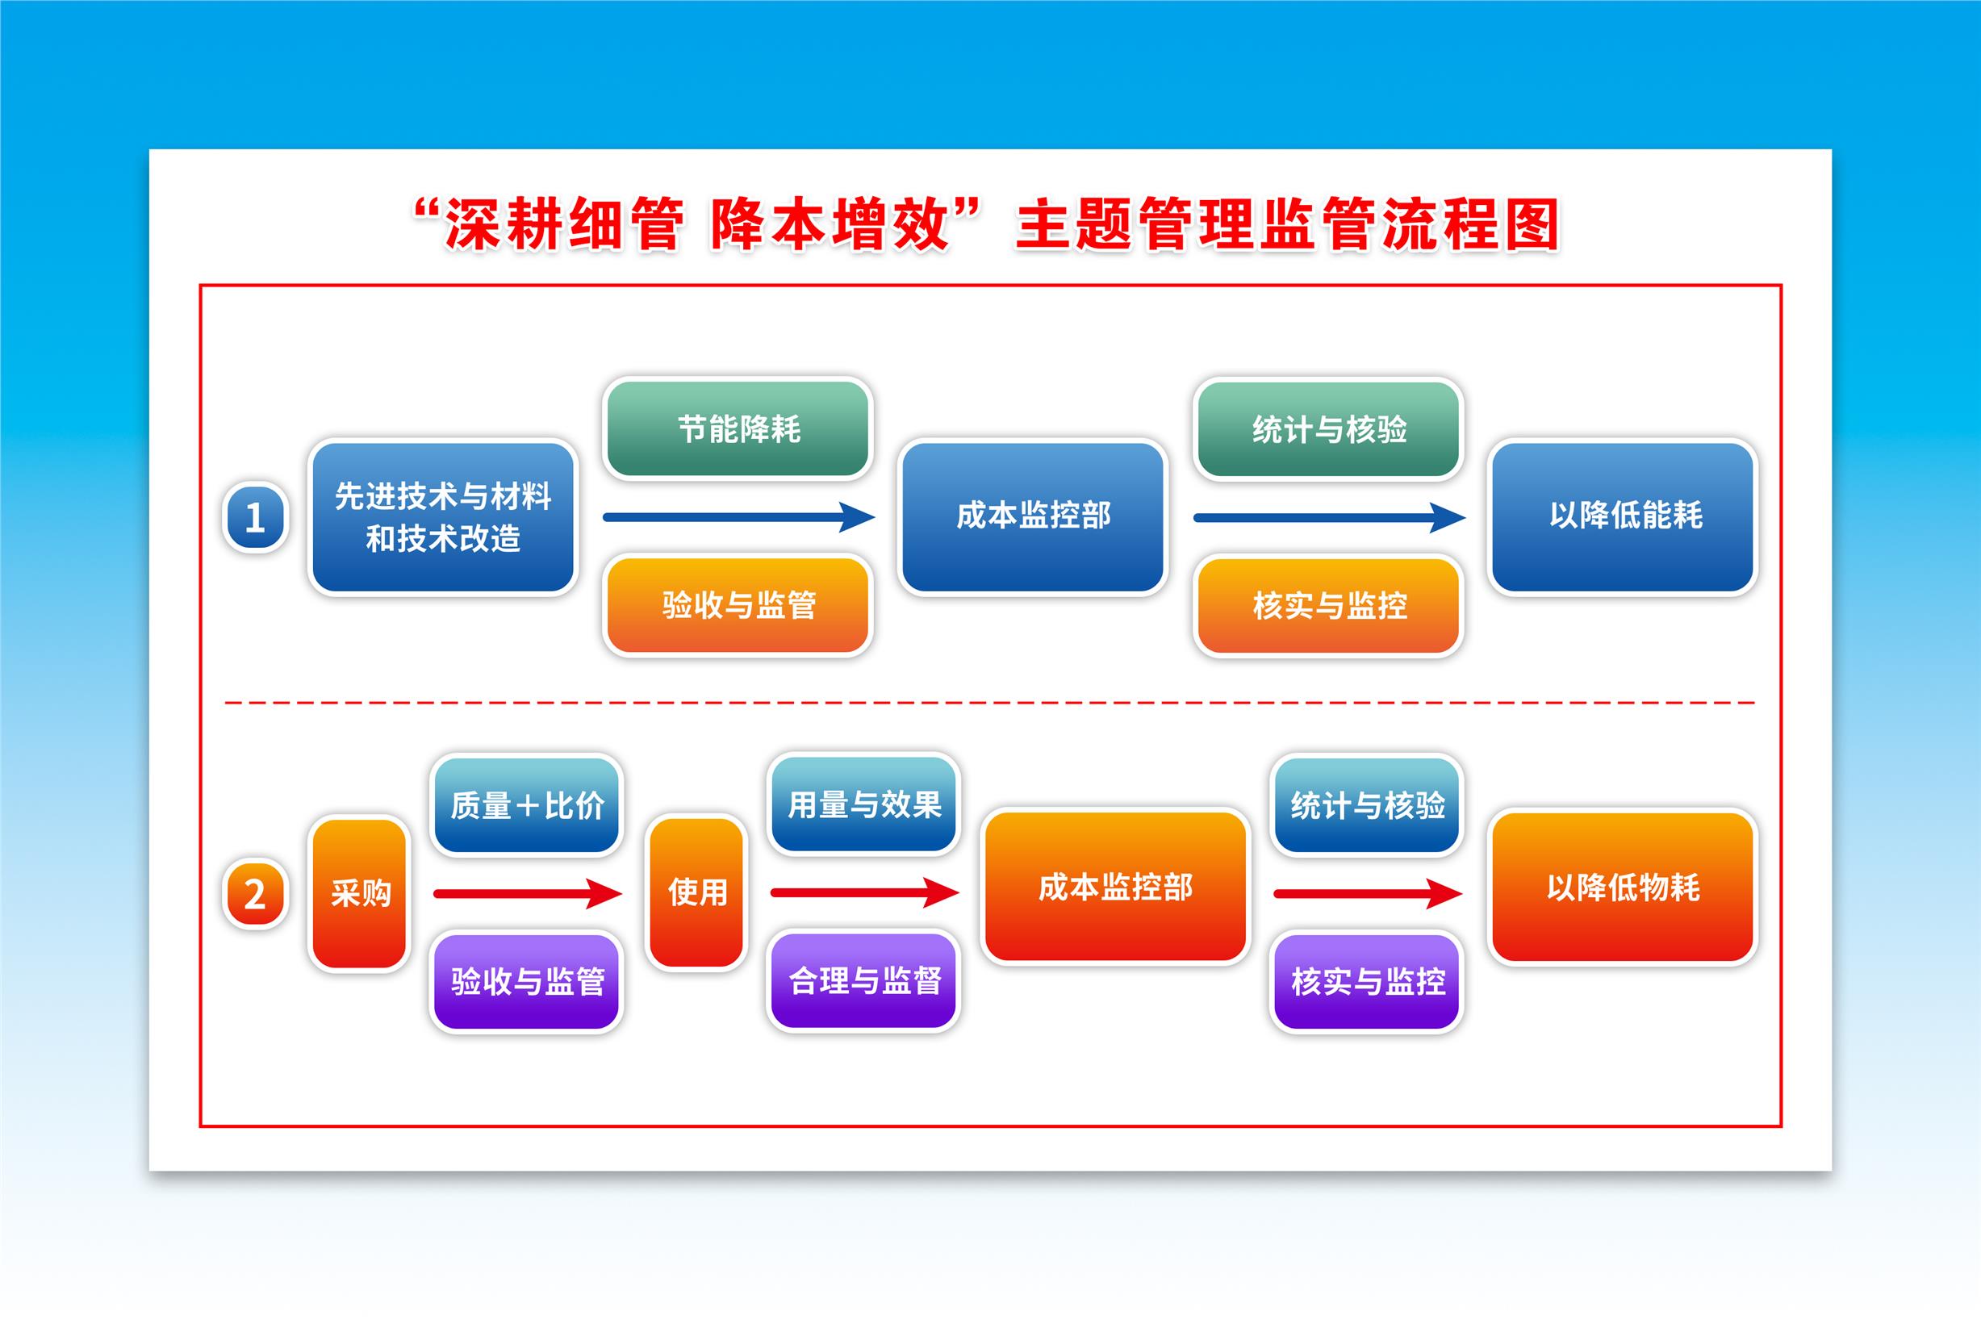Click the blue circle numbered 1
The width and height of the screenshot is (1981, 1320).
coord(255,517)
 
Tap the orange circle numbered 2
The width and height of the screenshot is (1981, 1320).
coord(255,894)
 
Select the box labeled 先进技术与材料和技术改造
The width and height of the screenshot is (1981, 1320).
coord(443,517)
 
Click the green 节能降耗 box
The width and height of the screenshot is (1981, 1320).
coord(738,428)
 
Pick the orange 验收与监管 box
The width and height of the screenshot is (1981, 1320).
coord(738,604)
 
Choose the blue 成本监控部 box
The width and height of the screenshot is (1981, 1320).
coord(1033,517)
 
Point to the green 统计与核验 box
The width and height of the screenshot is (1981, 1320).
coord(1329,428)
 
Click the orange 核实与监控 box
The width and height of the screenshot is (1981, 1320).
coord(1329,604)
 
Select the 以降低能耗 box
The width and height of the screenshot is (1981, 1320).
coord(1624,517)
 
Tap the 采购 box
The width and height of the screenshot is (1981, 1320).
coord(361,893)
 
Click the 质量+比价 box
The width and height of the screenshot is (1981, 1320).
coord(527,804)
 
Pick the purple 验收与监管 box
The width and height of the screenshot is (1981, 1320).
coord(527,981)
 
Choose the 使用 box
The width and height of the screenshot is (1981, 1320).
coord(697,892)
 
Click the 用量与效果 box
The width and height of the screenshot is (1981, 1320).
coord(863,804)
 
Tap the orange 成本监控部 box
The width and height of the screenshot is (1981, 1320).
coord(1115,887)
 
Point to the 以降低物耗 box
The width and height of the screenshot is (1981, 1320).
coord(1624,887)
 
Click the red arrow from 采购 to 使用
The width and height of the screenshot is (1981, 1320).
coord(528,893)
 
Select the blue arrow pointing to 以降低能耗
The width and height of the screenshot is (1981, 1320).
coord(1329,517)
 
